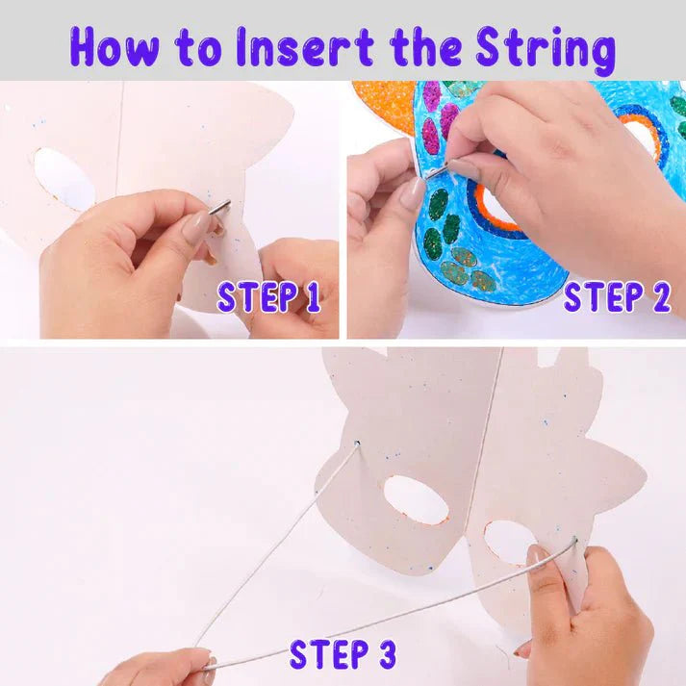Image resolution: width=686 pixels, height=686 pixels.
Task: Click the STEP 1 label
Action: click(268, 297)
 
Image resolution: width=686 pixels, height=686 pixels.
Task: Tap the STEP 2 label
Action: click(616, 297)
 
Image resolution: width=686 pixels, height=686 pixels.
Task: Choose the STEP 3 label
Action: click(342, 653)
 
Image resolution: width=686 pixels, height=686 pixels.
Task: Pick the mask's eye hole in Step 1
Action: click(64, 178)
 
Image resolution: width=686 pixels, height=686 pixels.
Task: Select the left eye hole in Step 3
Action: click(417, 499)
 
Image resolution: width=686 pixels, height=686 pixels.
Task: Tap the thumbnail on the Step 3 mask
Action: click(535, 556)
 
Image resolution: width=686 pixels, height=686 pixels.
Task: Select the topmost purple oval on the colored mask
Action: click(431, 95)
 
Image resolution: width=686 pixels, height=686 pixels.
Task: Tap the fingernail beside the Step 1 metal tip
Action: click(198, 228)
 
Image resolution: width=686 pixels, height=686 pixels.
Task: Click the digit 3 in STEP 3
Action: click(384, 653)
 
